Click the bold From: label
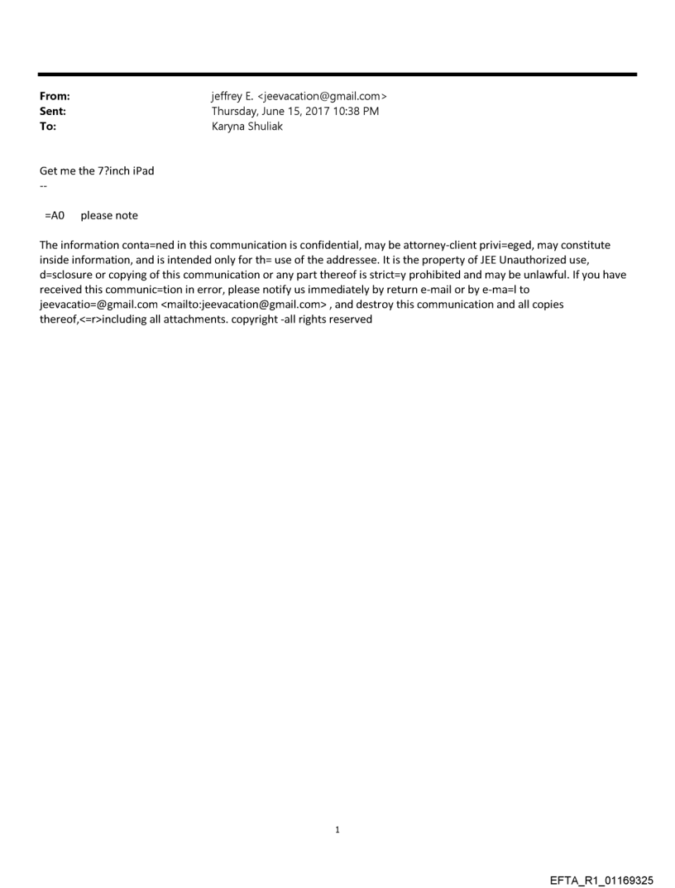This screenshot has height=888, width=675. [x=55, y=97]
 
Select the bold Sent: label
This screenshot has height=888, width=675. [x=53, y=112]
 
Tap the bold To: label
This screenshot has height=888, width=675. [x=48, y=127]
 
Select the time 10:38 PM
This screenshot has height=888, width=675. [x=357, y=112]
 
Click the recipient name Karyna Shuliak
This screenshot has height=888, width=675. [x=247, y=127]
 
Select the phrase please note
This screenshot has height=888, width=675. [x=109, y=216]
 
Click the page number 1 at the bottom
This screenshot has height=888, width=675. [x=337, y=829]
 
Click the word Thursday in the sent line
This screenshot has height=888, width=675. [x=237, y=112]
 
